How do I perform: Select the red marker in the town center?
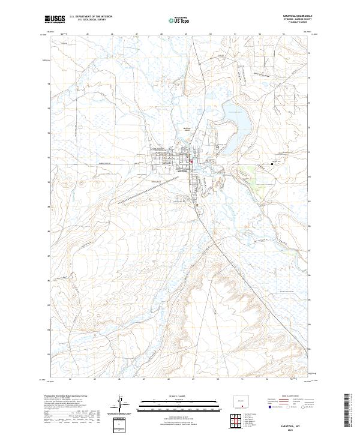click(191, 160)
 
